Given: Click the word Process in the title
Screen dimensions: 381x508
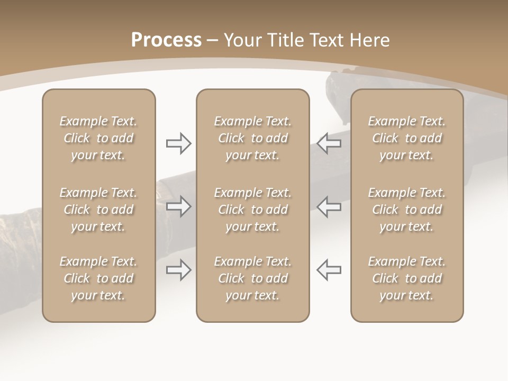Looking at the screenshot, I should [x=166, y=40].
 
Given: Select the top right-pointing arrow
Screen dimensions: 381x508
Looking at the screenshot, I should [x=178, y=143].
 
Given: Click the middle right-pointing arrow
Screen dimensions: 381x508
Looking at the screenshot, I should [x=178, y=206].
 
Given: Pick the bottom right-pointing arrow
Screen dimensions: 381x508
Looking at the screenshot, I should [x=178, y=270].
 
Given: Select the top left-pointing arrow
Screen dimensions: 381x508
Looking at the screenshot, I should [x=329, y=143].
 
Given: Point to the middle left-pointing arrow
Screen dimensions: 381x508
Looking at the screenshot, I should [x=329, y=206].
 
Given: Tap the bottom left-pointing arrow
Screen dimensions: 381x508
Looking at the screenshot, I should [x=329, y=270].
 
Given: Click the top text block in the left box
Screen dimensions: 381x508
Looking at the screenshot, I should [x=98, y=138].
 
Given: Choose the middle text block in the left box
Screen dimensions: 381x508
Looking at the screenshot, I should [x=98, y=210].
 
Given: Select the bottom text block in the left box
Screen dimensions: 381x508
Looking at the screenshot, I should [x=98, y=278].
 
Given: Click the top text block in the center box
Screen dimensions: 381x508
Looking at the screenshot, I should [x=252, y=138].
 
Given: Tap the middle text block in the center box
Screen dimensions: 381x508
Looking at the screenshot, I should [x=252, y=210].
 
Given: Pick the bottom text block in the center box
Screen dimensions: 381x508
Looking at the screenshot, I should [x=252, y=278].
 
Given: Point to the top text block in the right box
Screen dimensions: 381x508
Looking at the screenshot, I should [x=406, y=138].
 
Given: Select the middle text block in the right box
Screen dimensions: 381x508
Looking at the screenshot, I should [x=406, y=210].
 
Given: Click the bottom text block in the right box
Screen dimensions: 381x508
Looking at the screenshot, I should [x=406, y=278].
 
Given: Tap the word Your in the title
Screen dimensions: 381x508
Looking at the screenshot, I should [x=243, y=40].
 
